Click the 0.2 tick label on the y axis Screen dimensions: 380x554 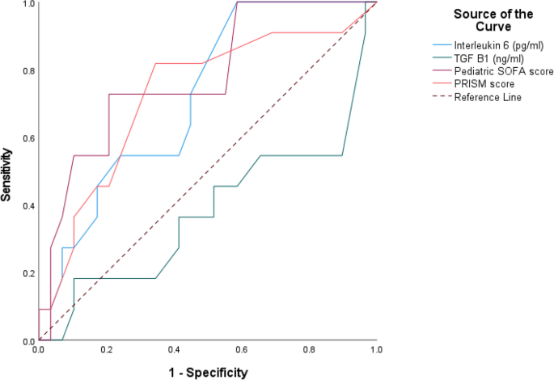pos(27,273)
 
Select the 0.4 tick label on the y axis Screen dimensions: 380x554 pos(27,205)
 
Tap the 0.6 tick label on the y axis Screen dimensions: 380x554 pos(27,138)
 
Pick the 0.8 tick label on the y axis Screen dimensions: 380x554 pos(27,70)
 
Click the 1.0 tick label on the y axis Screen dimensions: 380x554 pos(27,4)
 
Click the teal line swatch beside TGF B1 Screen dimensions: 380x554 pos(442,59)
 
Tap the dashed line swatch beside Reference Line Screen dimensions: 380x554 pos(442,98)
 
